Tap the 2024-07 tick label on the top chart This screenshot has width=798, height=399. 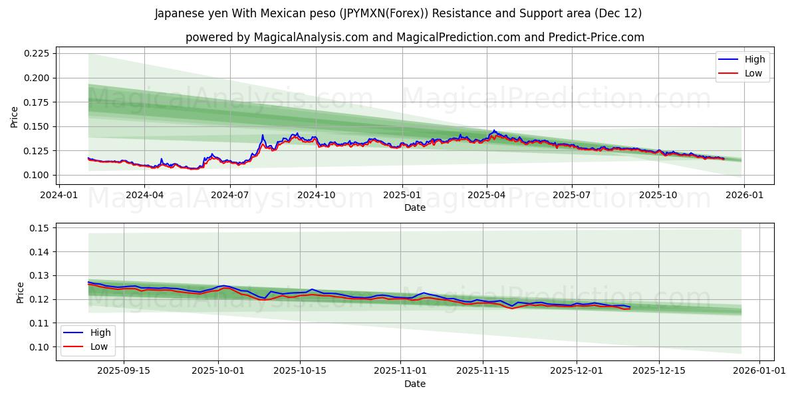(x=230, y=195)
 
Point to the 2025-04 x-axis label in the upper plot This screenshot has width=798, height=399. (x=487, y=195)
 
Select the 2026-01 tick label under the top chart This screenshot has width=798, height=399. (x=743, y=195)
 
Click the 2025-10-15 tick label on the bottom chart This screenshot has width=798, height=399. (x=301, y=371)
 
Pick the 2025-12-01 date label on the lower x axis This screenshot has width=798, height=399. (x=577, y=371)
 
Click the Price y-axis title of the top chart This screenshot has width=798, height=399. (x=15, y=116)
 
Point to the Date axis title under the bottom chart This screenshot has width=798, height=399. (x=415, y=384)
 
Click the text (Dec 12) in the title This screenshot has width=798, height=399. (x=618, y=13)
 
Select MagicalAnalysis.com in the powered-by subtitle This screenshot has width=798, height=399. (x=311, y=37)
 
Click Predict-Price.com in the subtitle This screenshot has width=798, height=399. (x=600, y=37)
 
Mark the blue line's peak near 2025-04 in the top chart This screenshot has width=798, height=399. (x=493, y=130)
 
